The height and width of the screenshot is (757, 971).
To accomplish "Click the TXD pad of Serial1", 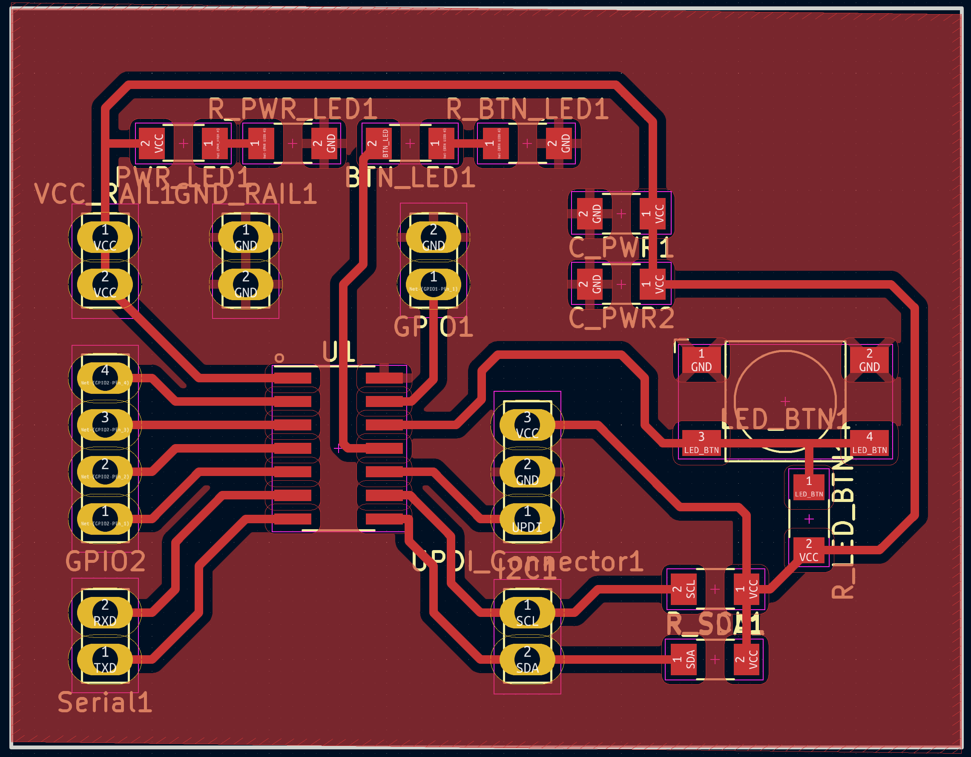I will tap(105, 660).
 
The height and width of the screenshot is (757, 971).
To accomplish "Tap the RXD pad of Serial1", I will tap(105, 613).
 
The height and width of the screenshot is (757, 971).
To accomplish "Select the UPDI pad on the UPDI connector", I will tap(527, 519).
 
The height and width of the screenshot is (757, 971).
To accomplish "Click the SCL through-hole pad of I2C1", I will tap(527, 613).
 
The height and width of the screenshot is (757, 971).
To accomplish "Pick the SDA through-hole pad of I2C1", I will tap(527, 660).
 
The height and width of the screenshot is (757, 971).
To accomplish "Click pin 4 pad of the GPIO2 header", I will tap(105, 377).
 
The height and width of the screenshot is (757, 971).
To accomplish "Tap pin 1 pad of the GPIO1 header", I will tap(434, 284).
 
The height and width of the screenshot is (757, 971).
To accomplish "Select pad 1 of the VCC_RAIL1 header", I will tap(105, 237).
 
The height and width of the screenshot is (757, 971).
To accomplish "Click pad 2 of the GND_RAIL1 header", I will tap(245, 284).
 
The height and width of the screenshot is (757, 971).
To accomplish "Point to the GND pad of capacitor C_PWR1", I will tap(590, 214).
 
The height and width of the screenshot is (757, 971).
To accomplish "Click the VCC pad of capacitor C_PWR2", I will tap(653, 284).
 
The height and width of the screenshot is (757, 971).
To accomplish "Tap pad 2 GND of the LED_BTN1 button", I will tap(869, 360).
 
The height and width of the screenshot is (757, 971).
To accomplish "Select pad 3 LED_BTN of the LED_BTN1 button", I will tap(701, 443).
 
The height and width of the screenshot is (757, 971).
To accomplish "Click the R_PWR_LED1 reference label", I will tap(292, 109).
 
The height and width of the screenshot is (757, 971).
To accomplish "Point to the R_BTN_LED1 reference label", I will tap(527, 109).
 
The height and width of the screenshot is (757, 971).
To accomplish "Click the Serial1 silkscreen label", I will tap(105, 703).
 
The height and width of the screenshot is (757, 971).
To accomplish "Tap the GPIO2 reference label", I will tap(105, 562).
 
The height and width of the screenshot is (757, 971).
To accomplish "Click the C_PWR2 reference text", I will tap(621, 318).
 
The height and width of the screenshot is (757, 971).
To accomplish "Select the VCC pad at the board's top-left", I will tap(152, 143).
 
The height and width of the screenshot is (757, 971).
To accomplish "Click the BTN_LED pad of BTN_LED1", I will tap(379, 143).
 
